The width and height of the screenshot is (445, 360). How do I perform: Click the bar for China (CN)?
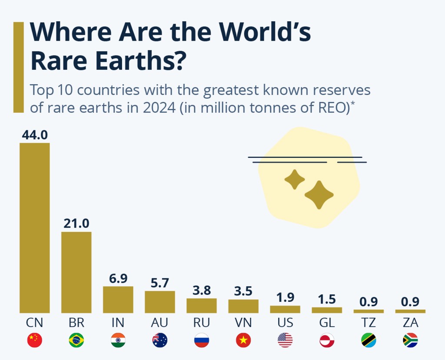point(35,228)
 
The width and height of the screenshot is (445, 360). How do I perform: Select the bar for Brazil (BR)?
point(76,272)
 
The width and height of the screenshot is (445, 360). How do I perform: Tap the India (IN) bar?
point(118,300)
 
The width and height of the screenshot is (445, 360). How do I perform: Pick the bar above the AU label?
point(160,302)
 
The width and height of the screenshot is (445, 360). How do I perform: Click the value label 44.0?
point(35,135)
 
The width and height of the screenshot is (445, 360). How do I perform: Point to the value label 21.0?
point(76,224)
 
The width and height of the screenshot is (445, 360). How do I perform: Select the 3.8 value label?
point(202,290)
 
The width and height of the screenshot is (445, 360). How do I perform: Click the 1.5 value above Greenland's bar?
point(327,299)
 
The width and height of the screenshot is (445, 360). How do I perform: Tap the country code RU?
point(202,323)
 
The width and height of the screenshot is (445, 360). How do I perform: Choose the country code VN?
point(243,323)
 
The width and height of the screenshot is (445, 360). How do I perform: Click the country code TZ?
point(369,323)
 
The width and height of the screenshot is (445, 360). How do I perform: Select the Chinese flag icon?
point(35,340)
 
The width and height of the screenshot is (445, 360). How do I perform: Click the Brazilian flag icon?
point(76,340)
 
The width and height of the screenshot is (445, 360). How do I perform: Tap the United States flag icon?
point(285,340)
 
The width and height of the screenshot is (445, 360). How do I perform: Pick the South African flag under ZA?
point(410,340)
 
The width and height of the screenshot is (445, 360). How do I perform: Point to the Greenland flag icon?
point(327,340)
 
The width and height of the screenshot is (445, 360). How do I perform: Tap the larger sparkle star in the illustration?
point(319,195)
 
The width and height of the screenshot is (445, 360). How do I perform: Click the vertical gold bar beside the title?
point(18,67)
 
